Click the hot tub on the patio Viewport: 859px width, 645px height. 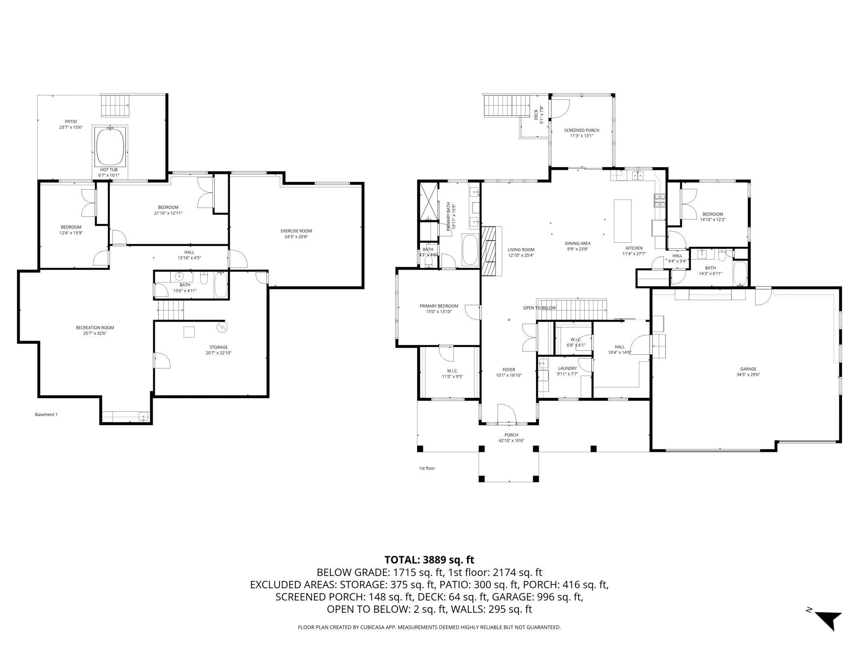point(110,146)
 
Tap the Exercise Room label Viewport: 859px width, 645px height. point(296,231)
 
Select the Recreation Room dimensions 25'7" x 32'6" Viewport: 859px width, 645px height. point(95,333)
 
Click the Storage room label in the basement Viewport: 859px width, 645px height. point(218,347)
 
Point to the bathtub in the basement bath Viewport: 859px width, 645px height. point(221,285)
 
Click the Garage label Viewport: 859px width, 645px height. point(748,369)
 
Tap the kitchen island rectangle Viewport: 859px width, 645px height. point(622,221)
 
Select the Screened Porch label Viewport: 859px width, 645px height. point(581,131)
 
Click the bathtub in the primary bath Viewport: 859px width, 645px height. point(470,250)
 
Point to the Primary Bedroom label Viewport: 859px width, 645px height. point(439,306)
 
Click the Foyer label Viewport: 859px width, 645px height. point(508,370)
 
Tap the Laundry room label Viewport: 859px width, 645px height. point(567,368)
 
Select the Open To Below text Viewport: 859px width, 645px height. point(539,308)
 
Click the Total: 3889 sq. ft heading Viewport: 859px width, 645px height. point(429,560)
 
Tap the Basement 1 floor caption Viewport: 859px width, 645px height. point(46,414)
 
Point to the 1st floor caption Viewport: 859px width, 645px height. point(427,468)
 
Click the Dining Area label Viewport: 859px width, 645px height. point(578,244)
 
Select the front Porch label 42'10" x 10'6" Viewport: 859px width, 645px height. point(511,438)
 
